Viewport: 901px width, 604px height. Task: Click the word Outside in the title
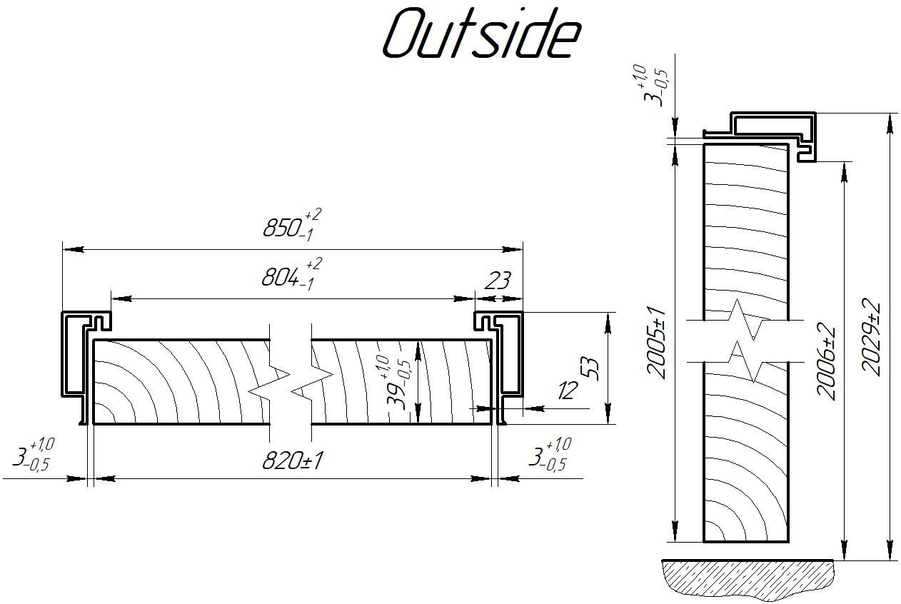pyautogui.click(x=480, y=34)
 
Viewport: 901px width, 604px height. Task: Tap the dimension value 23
pyautogui.click(x=497, y=281)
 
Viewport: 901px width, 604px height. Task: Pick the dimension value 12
pyautogui.click(x=568, y=391)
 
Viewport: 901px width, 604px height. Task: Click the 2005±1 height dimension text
pyautogui.click(x=656, y=342)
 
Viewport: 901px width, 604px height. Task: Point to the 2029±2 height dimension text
pyautogui.click(x=870, y=337)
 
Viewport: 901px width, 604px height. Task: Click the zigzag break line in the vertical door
pyautogui.click(x=746, y=341)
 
